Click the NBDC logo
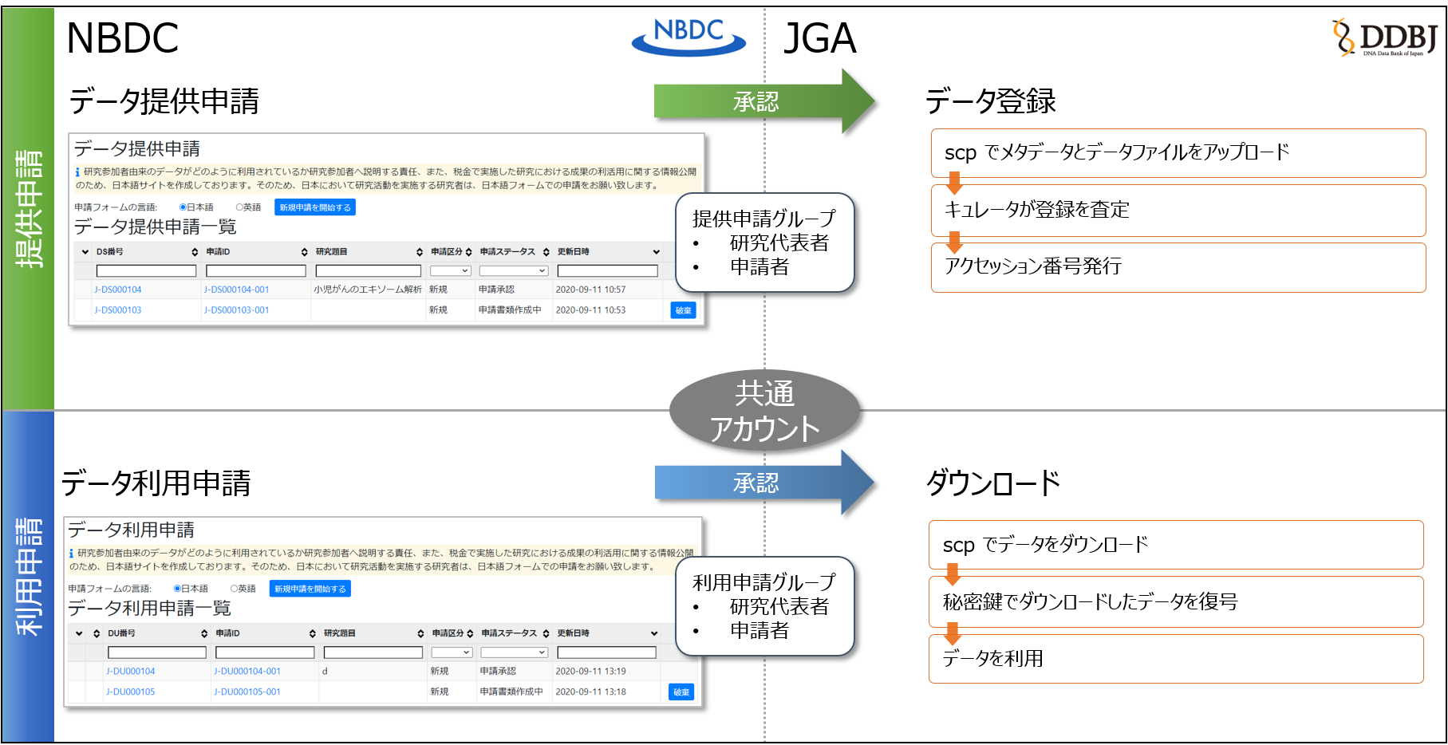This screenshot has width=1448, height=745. (x=688, y=37)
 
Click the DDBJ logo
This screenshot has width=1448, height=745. (x=1385, y=37)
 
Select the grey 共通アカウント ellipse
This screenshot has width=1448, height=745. (x=764, y=411)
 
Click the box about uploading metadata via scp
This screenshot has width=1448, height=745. (x=1178, y=152)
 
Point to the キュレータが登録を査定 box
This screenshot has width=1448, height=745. (x=1178, y=210)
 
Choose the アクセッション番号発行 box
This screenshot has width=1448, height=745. (x=1178, y=266)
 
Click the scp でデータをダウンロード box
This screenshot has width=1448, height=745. (x=1176, y=545)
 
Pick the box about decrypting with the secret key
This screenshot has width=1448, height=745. (x=1176, y=601)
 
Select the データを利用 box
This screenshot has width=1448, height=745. (x=1176, y=658)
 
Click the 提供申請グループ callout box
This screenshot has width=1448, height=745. (x=764, y=242)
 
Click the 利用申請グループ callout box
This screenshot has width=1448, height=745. (x=764, y=606)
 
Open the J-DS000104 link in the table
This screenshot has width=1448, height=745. (x=118, y=290)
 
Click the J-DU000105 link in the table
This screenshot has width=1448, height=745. (x=131, y=692)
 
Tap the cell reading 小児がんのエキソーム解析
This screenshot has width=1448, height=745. (x=368, y=290)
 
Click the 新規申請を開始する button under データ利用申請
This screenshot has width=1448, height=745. (x=310, y=589)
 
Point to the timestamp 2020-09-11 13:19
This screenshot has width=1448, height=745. (x=590, y=672)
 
